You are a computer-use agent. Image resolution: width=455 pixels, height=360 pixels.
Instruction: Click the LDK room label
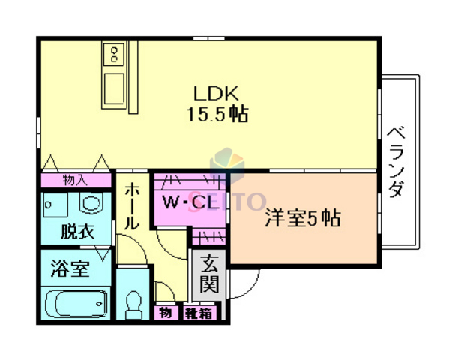217,94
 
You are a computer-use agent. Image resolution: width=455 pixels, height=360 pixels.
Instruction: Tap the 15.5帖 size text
217,115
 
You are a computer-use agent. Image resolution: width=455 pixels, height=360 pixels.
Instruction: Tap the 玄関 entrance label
209,274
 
